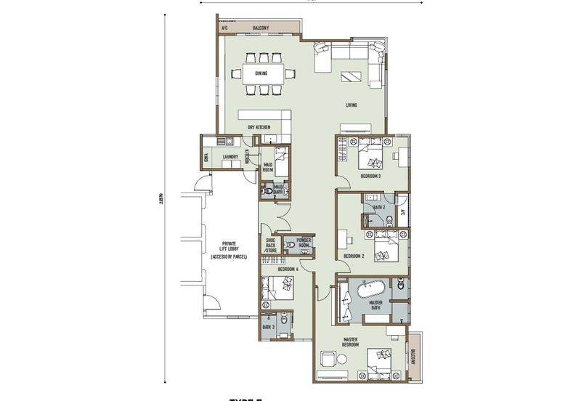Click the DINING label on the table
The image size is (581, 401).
pyautogui.click(x=261, y=73)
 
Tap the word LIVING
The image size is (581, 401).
pyautogui.click(x=352, y=106)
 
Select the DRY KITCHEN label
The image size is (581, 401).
pyautogui.click(x=259, y=128)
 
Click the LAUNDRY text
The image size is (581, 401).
pyautogui.click(x=231, y=156)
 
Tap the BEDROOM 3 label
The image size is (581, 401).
pyautogui.click(x=371, y=177)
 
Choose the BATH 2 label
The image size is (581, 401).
pyautogui.click(x=378, y=207)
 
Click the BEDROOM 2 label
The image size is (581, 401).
pyautogui.click(x=354, y=256)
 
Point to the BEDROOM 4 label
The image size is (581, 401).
pyautogui.click(x=288, y=270)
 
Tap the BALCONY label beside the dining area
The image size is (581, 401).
pyautogui.click(x=261, y=28)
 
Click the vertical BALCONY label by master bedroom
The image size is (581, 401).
pyautogui.click(x=413, y=357)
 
